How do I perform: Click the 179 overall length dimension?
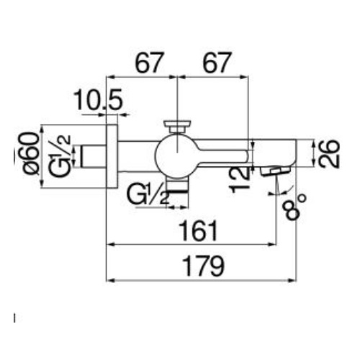point(203,266)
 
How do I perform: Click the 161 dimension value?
point(199,231)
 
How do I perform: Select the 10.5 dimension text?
point(99,99)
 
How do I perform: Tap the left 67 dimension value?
point(150,63)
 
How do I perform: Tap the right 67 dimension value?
point(217,63)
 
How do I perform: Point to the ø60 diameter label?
point(31,153)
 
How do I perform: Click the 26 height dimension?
point(329,153)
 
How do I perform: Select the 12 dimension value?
point(240,179)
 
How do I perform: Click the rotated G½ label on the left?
point(60,156)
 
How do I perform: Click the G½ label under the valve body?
point(148,195)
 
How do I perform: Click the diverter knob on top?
point(177,126)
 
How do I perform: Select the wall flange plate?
point(112,156)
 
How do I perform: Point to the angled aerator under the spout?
point(276,171)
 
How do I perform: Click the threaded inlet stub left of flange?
point(93,156)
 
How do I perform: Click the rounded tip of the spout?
point(294,153)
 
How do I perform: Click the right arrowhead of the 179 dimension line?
point(292,280)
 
